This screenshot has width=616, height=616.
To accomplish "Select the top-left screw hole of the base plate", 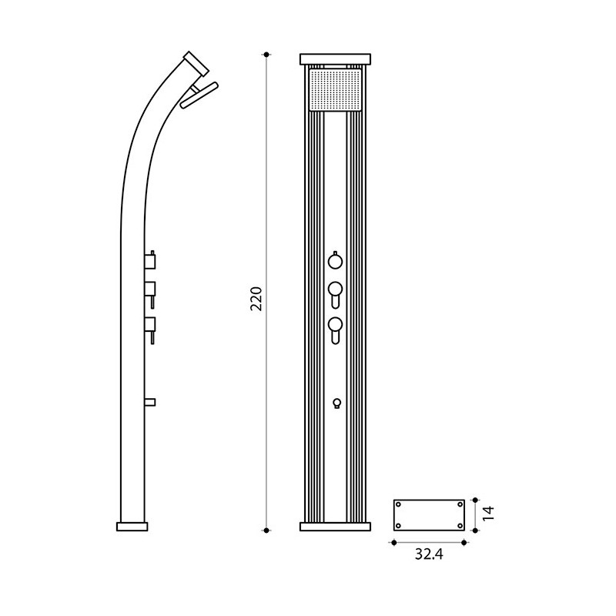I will click(x=399, y=504).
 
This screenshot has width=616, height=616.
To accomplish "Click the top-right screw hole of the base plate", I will click(x=460, y=504).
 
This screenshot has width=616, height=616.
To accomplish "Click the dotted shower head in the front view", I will click(x=334, y=90).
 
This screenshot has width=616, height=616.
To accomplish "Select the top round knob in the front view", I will click(x=335, y=261).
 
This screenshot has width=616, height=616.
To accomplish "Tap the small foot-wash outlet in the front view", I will click(x=335, y=403).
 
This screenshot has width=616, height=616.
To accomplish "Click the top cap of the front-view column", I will click(x=335, y=59).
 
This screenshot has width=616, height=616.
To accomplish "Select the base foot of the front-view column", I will click(x=335, y=527).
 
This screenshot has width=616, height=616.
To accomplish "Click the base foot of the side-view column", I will click(x=132, y=527).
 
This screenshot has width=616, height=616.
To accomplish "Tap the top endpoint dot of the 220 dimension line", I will click(x=266, y=55).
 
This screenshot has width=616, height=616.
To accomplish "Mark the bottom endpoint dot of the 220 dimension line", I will click(x=266, y=530).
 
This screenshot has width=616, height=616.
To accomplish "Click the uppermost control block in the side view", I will click(x=151, y=260).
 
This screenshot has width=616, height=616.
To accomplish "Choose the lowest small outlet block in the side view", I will click(x=150, y=401).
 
